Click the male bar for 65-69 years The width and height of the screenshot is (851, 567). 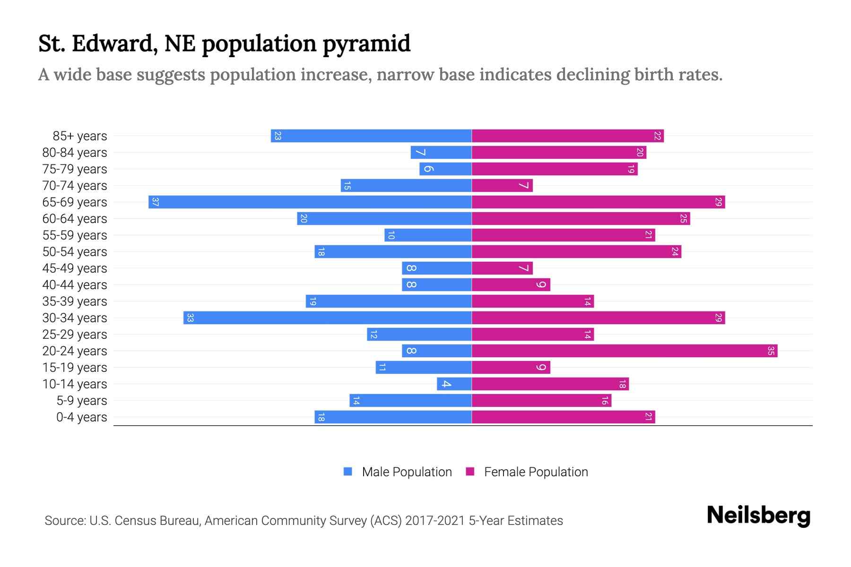point(310,202)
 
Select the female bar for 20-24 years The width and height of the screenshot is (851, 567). point(624,351)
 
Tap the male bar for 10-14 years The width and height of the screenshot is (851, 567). point(454,384)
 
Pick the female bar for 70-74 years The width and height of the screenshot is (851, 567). point(502,186)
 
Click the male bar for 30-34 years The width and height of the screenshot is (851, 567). point(327,318)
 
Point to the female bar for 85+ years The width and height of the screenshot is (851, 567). point(567,136)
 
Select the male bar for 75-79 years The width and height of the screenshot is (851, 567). point(445,169)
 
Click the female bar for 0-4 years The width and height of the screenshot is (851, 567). point(563,417)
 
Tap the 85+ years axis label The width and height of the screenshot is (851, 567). point(80,136)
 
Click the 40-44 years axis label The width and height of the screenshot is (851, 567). point(75,285)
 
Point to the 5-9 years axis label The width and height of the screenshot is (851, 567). point(82,401)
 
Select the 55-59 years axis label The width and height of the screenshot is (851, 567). point(75,235)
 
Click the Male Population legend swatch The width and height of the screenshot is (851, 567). point(348,472)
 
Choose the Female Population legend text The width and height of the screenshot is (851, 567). point(536,472)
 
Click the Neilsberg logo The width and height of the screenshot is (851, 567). point(758,515)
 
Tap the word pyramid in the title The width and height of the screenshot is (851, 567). point(366,44)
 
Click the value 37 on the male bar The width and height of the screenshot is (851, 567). point(155,202)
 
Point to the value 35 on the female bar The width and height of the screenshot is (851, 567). point(771,351)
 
